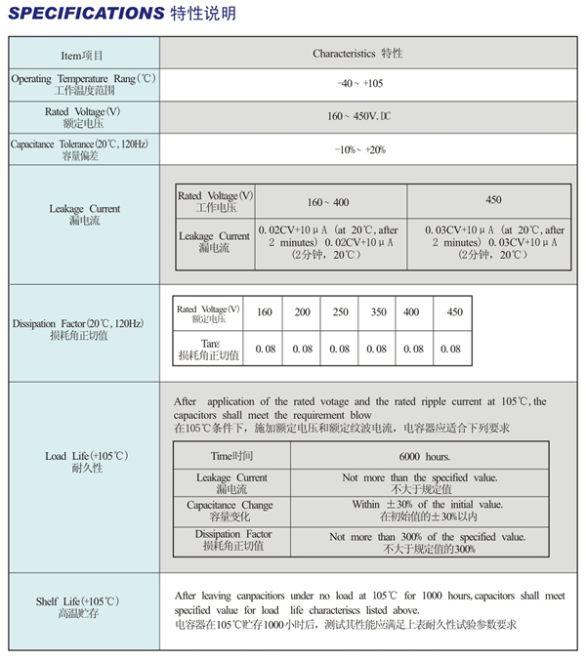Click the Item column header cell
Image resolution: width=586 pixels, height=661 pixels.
(83, 55)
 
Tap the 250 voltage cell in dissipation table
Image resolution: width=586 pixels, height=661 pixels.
(340, 312)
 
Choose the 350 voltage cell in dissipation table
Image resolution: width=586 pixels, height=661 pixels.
(377, 312)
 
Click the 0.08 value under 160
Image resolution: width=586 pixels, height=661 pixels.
(265, 349)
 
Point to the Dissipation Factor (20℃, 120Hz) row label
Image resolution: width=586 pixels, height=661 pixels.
(84, 329)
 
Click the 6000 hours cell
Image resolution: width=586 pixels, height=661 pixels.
(425, 456)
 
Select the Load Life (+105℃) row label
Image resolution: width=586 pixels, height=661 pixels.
(84, 462)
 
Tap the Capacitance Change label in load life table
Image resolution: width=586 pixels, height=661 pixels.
(230, 511)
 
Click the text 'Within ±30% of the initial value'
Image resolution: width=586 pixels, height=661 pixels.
(427, 505)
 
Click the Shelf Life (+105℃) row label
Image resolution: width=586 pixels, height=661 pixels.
(84, 606)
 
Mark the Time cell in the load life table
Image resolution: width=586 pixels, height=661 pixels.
(231, 456)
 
